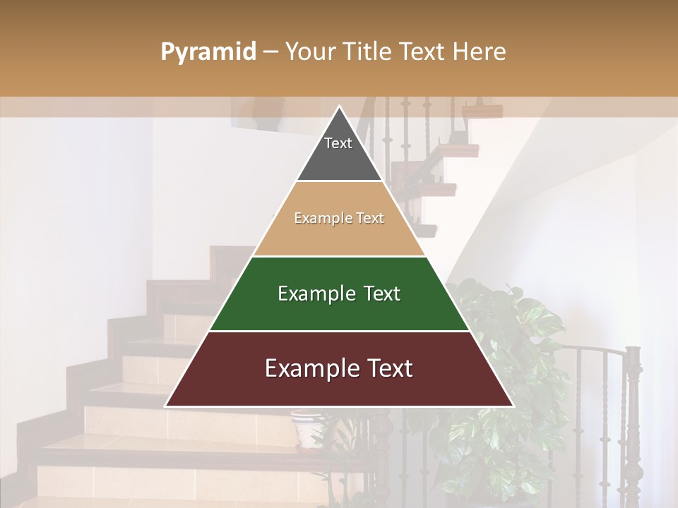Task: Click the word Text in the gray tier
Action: click(338, 143)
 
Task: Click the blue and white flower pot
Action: click(308, 429)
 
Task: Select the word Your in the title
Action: click(309, 52)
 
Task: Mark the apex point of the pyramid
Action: click(339, 107)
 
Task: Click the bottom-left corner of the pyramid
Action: click(166, 406)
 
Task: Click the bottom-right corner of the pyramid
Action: click(513, 406)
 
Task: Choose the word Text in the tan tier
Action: click(370, 218)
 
